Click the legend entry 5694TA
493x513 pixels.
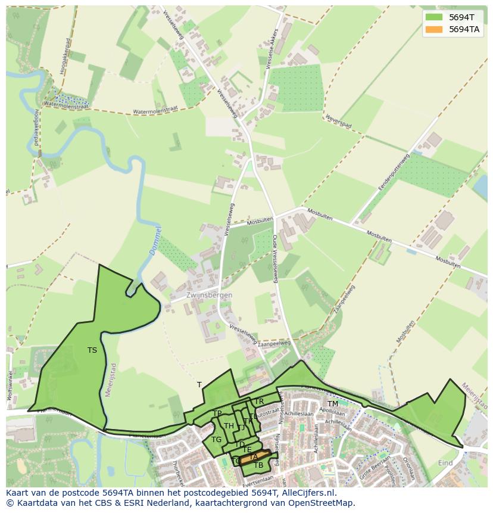(464, 29)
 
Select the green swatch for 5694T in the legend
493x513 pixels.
(434, 17)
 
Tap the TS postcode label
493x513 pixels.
(92, 350)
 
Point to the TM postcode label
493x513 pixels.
(332, 404)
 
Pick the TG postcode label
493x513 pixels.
(216, 440)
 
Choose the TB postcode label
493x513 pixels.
(258, 465)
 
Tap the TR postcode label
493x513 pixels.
(259, 402)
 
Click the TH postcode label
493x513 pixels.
(229, 426)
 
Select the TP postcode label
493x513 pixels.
(217, 413)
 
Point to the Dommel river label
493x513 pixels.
(155, 241)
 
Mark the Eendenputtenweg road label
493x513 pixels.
(394, 172)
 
